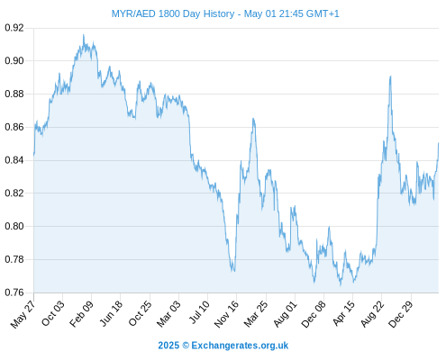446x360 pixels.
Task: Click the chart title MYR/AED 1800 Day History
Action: coord(173,13)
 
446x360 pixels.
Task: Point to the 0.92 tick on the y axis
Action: coord(14,28)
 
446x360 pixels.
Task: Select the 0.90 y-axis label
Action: coord(14,61)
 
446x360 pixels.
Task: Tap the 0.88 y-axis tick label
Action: coord(14,94)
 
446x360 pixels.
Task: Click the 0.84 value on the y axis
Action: coord(14,160)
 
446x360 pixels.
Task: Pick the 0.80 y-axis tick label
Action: coord(14,226)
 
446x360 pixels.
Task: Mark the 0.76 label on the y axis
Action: coord(14,292)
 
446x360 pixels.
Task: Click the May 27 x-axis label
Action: coord(23,314)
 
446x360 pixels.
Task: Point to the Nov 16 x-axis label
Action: coord(226,314)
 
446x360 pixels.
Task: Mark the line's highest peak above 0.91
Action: coord(84,35)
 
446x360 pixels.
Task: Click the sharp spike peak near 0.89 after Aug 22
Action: coord(390,76)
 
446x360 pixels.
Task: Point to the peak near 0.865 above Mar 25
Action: coord(253,119)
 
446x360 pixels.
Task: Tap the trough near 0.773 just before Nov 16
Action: coord(234,271)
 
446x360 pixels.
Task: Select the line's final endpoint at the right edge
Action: coord(439,143)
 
